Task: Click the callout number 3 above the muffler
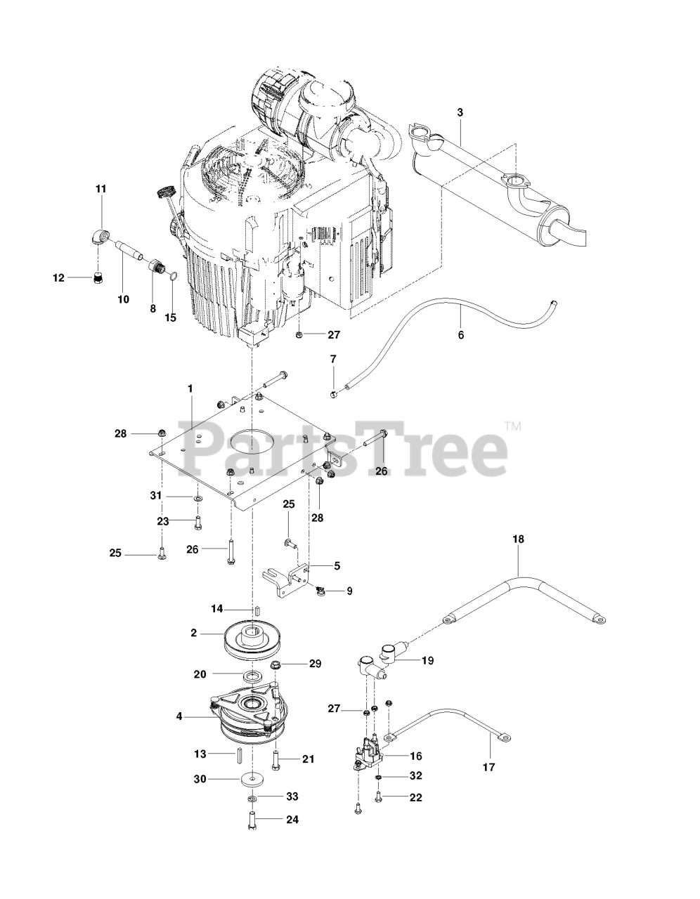tap(460, 112)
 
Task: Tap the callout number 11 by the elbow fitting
tap(101, 189)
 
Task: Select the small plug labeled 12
tap(98, 277)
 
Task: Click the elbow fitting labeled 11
tap(100, 238)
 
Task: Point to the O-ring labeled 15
tap(174, 275)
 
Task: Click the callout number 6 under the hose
tap(461, 335)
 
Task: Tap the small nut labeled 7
tap(333, 393)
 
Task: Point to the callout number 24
tap(292, 820)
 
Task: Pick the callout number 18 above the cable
tap(518, 539)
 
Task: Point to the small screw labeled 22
tap(378, 798)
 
